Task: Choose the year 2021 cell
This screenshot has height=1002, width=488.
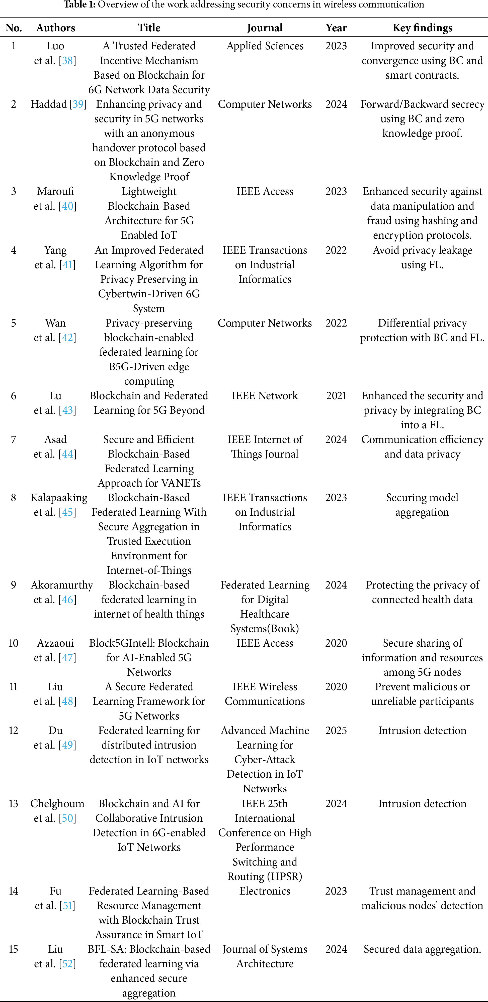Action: pyautogui.click(x=336, y=396)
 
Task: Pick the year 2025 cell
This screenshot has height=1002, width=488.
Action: pyautogui.click(x=336, y=731)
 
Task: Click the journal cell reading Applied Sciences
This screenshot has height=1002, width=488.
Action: pyautogui.click(x=265, y=46)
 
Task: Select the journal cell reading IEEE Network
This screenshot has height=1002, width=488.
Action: pyautogui.click(x=265, y=396)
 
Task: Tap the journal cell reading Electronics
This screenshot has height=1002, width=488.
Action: pyautogui.click(x=265, y=891)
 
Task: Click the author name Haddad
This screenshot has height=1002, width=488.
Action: pyautogui.click(x=49, y=104)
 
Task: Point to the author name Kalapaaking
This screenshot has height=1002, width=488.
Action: pyautogui.click(x=59, y=498)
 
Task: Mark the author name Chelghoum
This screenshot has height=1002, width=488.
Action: pyautogui.click(x=57, y=804)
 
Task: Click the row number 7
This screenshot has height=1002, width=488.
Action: pyautogui.click(x=14, y=440)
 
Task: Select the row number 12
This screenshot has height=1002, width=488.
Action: pyautogui.click(x=14, y=731)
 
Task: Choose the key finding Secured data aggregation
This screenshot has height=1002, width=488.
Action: pyautogui.click(x=422, y=949)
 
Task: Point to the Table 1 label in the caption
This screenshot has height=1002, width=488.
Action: pyautogui.click(x=79, y=5)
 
